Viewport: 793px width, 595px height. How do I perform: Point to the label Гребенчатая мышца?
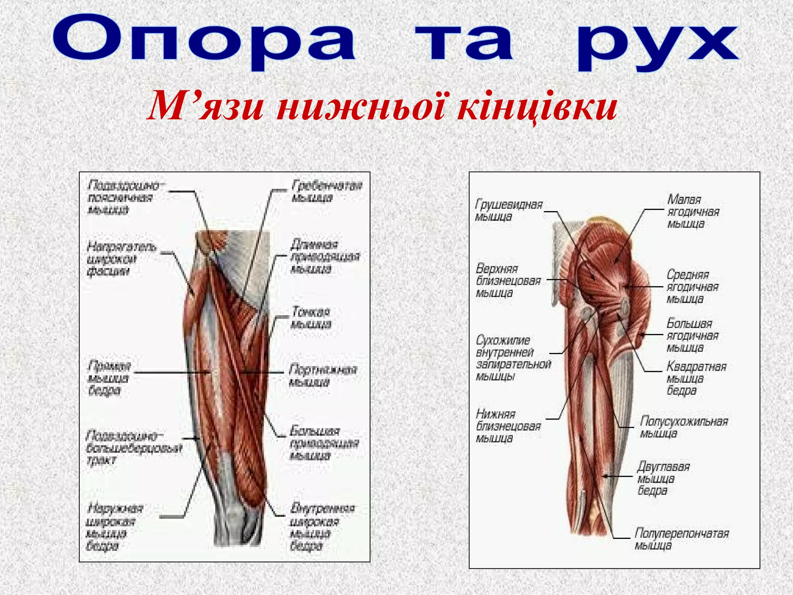pyautogui.click(x=326, y=191)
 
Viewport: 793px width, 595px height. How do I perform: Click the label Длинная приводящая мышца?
pyautogui.click(x=324, y=256)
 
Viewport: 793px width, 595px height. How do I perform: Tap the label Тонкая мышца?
pyautogui.click(x=311, y=318)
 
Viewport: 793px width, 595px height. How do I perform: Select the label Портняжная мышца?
pyautogui.click(x=322, y=376)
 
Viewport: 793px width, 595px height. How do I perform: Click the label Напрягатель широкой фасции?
pyautogui.click(x=121, y=259)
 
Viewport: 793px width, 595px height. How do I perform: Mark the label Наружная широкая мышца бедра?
pyautogui.click(x=114, y=527)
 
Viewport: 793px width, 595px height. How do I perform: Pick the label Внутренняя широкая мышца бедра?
pyautogui.click(x=321, y=527)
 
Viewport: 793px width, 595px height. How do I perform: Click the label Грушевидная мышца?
pyautogui.click(x=508, y=210)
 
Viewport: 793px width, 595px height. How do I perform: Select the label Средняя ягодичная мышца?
pyautogui.click(x=692, y=287)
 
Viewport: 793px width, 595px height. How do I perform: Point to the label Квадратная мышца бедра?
pyautogui.click(x=696, y=378)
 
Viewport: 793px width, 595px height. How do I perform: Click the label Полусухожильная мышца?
pyautogui.click(x=683, y=427)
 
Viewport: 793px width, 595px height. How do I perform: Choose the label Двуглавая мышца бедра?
pyautogui.click(x=663, y=479)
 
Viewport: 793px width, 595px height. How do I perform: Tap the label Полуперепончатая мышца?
pyautogui.click(x=681, y=539)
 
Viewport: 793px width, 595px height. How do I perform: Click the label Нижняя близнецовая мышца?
pyautogui.click(x=508, y=426)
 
